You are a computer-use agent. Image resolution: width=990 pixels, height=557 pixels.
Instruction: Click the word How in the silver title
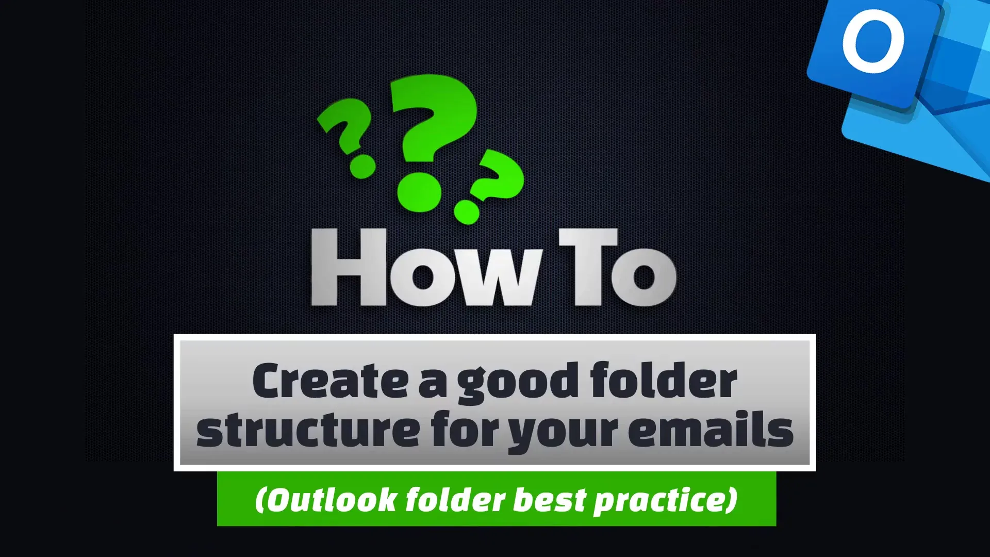(x=427, y=268)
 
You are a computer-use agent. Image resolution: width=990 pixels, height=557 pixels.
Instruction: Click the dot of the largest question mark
(x=419, y=191)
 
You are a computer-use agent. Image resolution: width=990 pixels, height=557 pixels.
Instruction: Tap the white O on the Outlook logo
(x=873, y=42)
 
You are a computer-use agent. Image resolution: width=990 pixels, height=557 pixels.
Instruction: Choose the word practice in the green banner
(x=660, y=501)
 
